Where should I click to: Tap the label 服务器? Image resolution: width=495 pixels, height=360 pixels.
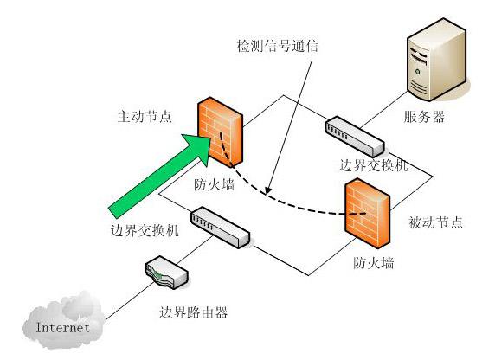tap(425, 117)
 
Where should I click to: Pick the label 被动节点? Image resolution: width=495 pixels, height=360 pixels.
tap(436, 222)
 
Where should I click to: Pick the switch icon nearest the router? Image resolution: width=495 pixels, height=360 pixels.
tap(220, 228)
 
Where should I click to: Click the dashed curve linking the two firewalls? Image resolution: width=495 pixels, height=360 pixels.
tap(286, 204)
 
